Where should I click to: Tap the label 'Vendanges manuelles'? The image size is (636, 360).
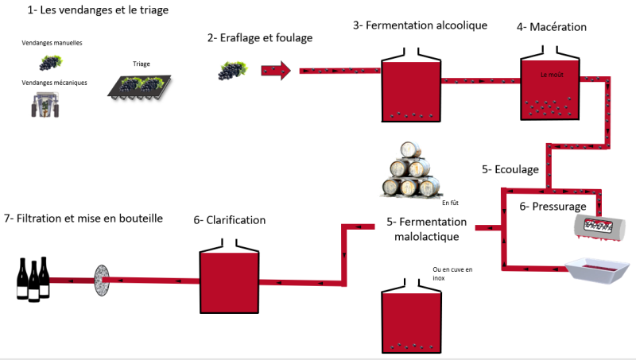click(52, 43)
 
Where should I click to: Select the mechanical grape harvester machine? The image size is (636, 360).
click(44, 106)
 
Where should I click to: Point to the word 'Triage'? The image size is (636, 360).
click(142, 64)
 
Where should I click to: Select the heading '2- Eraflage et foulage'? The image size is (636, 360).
click(259, 37)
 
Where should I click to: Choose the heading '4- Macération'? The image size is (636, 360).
click(551, 27)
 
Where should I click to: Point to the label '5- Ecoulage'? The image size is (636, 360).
click(510, 169)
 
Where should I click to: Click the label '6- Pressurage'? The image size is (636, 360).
click(553, 207)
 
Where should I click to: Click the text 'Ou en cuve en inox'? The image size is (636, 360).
click(453, 274)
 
